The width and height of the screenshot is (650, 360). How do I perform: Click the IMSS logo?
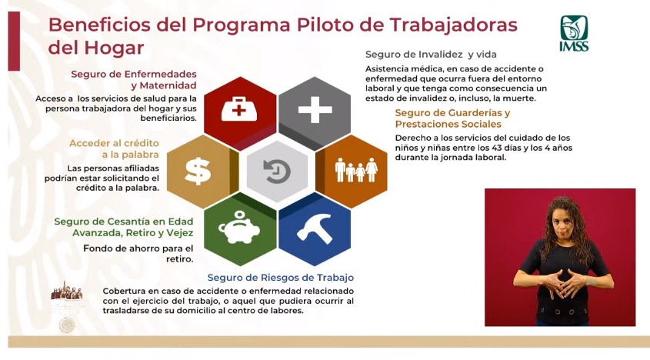pyautogui.click(x=574, y=33)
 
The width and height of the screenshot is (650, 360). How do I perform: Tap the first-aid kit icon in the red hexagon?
pyautogui.click(x=238, y=109)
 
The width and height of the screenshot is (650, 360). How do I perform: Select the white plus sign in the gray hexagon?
pyautogui.click(x=315, y=110)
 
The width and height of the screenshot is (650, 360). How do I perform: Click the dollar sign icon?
pyautogui.click(x=198, y=172)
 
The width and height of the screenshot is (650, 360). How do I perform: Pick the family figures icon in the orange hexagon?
pyautogui.click(x=356, y=170)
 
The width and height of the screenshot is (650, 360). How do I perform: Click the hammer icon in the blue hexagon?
pyautogui.click(x=315, y=228)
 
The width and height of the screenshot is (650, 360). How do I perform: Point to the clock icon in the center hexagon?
pyautogui.click(x=277, y=172)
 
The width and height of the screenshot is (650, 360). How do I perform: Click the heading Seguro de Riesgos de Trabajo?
pyautogui.click(x=281, y=278)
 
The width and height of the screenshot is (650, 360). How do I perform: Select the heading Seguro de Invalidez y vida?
pyautogui.click(x=431, y=55)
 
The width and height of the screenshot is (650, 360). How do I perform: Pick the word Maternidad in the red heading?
pyautogui.click(x=168, y=85)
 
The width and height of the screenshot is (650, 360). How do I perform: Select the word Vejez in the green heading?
pyautogui.click(x=179, y=232)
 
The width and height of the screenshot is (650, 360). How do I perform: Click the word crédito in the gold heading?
pyautogui.click(x=140, y=143)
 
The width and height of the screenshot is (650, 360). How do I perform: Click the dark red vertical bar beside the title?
pyautogui.click(x=14, y=41)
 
